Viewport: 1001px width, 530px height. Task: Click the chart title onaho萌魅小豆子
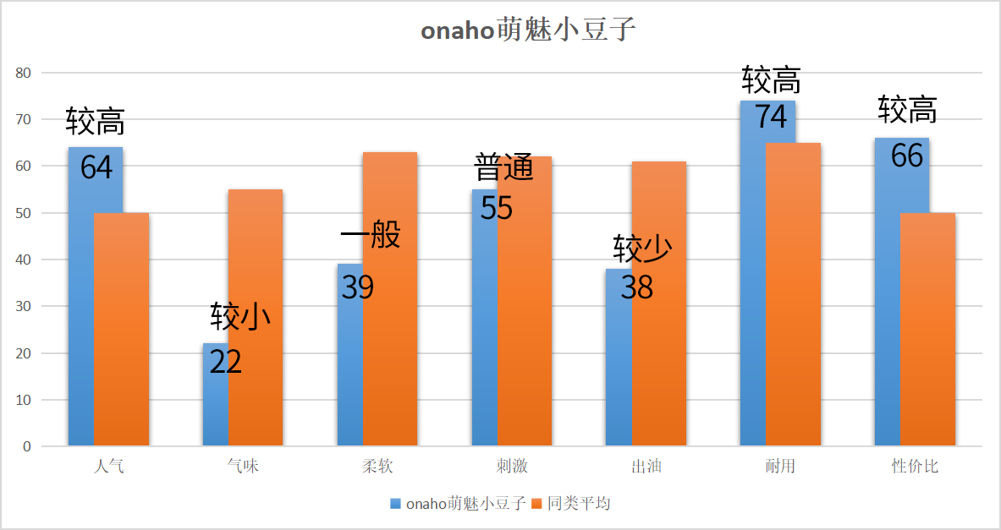click(528, 31)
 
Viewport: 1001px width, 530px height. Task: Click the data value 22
click(225, 362)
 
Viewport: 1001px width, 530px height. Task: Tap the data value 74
click(771, 117)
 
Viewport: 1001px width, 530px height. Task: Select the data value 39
click(357, 287)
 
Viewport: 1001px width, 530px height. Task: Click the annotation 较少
click(642, 249)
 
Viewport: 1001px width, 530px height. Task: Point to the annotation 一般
click(370, 236)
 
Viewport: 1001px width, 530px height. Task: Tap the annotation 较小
click(240, 317)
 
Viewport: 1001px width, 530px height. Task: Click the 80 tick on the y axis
click(23, 74)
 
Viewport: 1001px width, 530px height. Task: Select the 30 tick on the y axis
click(23, 307)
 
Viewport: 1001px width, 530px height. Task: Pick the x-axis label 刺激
click(512, 467)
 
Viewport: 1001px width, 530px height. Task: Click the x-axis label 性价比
click(915, 467)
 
